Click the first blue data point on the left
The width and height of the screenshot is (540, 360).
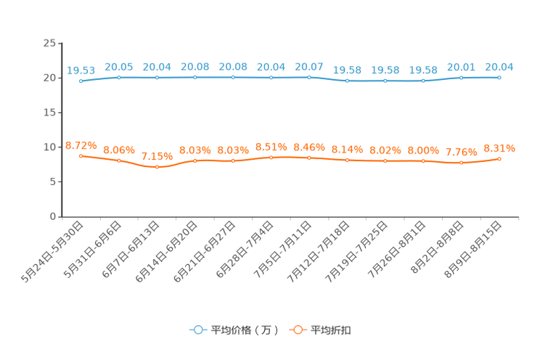pos(81,81)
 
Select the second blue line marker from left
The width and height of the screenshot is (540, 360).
pos(118,76)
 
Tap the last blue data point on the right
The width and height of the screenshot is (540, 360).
pos(499,76)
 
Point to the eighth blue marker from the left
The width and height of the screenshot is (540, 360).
pos(347,80)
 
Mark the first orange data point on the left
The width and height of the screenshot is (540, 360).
pos(81,155)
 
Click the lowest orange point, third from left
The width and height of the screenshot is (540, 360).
pos(157,167)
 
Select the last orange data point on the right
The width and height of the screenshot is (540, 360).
pos(499,158)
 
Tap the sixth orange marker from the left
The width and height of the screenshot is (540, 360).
pos(271,157)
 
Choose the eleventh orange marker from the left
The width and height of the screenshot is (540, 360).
pos(461,163)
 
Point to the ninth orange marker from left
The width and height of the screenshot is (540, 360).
pos(385,160)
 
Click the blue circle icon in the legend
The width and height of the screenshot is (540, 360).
pos(197,330)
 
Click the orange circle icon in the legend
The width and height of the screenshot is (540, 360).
pos(297,330)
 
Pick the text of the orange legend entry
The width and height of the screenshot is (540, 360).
pos(330,330)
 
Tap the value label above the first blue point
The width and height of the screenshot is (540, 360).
pos(81,70)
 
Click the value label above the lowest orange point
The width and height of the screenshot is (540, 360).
pos(157,156)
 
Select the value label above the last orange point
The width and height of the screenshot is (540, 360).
pos(499,148)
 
